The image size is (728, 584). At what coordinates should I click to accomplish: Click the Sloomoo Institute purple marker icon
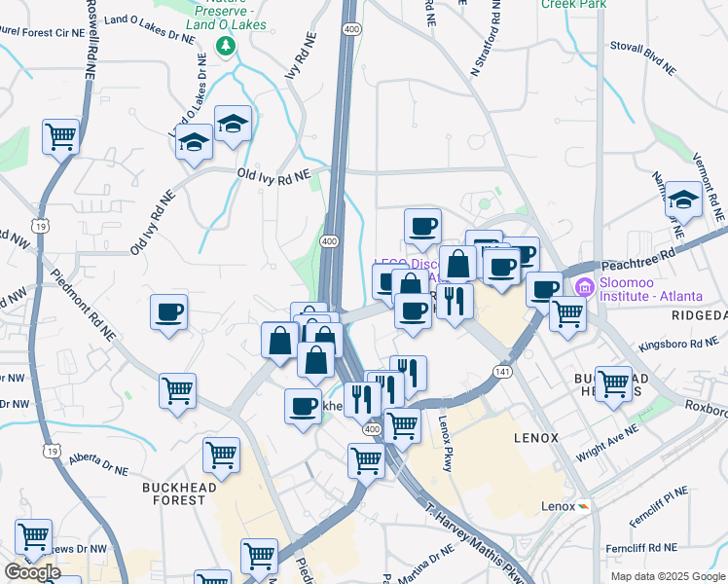[584, 286]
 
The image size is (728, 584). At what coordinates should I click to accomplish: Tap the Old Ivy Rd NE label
[273, 173]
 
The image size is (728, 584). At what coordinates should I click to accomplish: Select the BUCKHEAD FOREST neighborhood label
[174, 493]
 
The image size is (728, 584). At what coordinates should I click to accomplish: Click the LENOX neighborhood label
[536, 438]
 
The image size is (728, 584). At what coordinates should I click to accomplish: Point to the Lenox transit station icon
[583, 507]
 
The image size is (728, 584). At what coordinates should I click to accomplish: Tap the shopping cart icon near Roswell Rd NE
[60, 136]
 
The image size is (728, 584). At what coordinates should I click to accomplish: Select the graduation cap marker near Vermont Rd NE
[684, 201]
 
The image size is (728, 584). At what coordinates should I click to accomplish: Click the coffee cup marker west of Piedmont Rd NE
[168, 312]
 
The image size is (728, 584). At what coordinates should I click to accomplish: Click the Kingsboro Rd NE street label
[677, 345]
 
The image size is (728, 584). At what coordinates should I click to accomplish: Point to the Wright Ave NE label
[606, 441]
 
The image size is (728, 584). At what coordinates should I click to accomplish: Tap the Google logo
[31, 572]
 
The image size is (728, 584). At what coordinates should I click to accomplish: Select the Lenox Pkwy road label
[446, 445]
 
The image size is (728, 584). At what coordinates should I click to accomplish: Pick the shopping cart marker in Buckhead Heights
[613, 383]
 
